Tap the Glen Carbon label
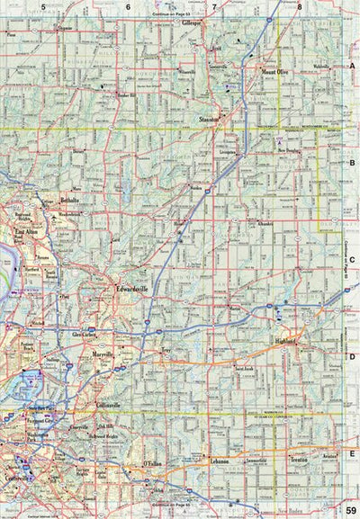coord(85,334)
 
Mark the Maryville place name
coord(104,354)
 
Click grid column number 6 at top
coord(128,6)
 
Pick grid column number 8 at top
coord(299,6)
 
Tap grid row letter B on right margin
coord(353,163)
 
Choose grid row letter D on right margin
coord(353,357)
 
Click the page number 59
coord(351,510)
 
